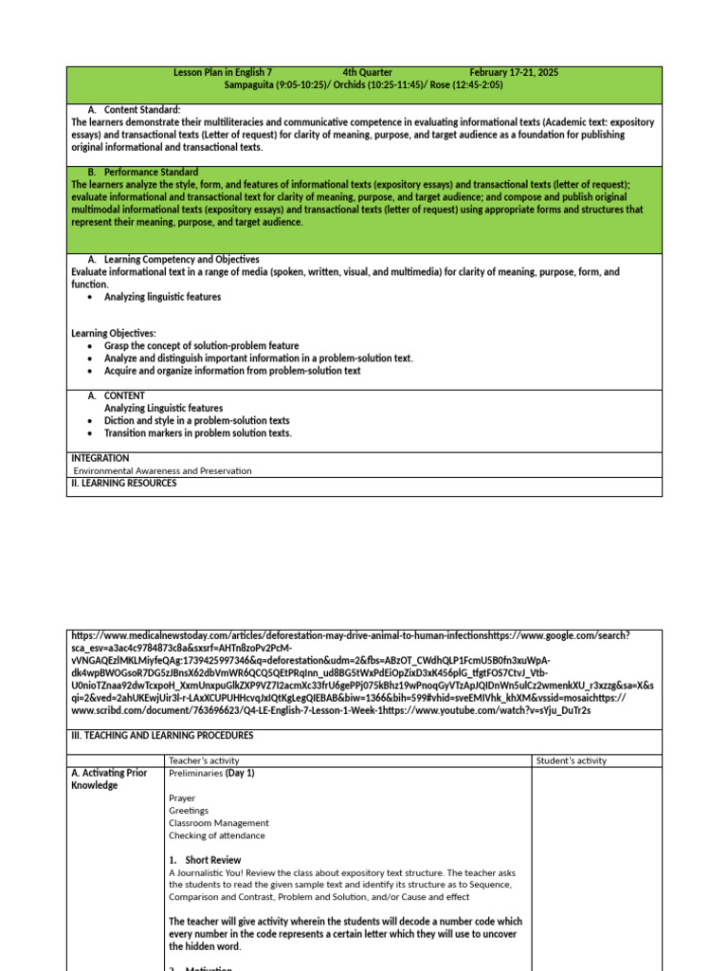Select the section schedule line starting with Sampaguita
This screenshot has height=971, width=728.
point(363,84)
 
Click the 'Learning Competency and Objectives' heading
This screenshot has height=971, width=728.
point(181,259)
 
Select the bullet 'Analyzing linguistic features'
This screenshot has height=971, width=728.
point(162,297)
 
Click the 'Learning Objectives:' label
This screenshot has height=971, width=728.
point(114,334)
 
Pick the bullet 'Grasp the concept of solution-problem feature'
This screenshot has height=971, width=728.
point(201,346)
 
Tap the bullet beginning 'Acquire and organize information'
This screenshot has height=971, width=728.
point(232,371)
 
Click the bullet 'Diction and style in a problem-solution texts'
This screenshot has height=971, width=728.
point(196,420)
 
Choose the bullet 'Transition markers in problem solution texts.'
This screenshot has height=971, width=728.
point(198,432)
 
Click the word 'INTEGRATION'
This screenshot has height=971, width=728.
point(100,458)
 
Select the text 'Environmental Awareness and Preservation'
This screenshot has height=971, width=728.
point(163,470)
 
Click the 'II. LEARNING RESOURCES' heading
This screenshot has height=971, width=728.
point(123,483)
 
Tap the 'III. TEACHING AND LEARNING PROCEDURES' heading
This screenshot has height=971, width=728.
point(162,735)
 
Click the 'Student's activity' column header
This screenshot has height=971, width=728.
point(572,760)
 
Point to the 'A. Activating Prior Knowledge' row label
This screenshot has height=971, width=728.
point(110,779)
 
